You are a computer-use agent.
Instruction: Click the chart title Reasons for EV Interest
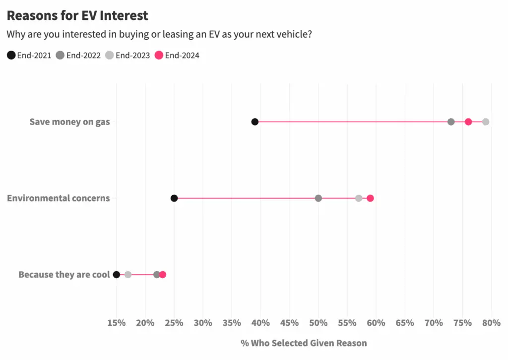(77, 15)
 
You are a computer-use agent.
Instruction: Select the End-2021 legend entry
(29, 55)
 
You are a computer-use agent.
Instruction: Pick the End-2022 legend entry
(78, 55)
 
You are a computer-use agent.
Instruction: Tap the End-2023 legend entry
(127, 55)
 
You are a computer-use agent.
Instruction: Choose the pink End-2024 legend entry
(177, 55)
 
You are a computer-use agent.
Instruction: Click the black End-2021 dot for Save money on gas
(255, 122)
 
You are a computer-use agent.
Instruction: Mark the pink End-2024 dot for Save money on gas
(468, 122)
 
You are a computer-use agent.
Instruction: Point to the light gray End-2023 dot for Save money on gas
(486, 122)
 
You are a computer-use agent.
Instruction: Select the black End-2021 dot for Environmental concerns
(174, 198)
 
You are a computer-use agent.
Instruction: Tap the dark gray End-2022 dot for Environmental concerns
(318, 198)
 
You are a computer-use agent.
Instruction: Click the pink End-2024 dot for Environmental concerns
(370, 198)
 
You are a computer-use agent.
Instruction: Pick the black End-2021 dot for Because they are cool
(117, 275)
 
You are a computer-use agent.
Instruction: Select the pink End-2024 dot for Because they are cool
(163, 275)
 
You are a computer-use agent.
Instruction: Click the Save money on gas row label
(69, 122)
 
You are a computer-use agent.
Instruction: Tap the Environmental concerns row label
(58, 198)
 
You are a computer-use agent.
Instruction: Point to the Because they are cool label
(64, 275)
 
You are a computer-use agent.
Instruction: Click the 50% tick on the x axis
(318, 323)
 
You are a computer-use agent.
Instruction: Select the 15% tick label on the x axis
(117, 323)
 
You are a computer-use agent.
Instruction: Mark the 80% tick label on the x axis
(491, 323)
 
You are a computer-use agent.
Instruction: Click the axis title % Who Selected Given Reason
(304, 343)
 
